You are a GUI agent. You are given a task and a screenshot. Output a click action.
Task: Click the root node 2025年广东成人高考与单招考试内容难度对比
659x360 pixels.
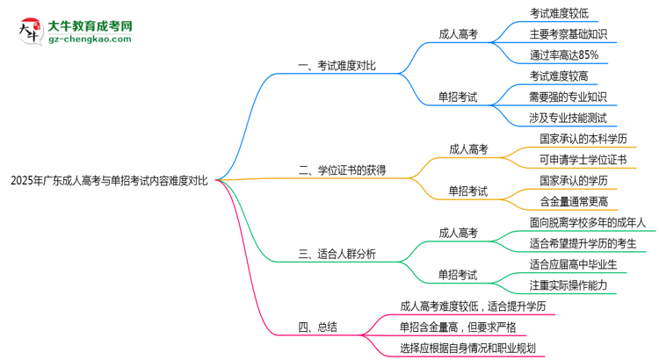109,181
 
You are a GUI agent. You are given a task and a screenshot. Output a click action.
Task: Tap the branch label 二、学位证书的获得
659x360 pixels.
343,169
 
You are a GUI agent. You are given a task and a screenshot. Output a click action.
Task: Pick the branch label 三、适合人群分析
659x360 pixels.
337,254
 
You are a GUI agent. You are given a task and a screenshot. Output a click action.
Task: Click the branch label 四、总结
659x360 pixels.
317,327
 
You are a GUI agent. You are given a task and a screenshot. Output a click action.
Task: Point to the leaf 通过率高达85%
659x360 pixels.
564,54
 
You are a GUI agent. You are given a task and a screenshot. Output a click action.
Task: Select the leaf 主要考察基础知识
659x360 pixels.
568,33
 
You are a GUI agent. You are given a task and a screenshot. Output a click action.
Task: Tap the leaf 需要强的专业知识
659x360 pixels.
568,97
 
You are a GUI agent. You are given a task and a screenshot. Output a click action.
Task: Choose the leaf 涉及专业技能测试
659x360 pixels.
568,118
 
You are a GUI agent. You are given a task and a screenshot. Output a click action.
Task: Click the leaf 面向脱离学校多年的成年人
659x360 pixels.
588,222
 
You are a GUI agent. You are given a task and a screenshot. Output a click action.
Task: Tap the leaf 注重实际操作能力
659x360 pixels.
568,284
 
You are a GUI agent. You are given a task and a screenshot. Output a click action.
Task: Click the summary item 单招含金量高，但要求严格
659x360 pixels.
458,327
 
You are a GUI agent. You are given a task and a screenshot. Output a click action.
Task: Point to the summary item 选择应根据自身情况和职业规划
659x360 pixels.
467,348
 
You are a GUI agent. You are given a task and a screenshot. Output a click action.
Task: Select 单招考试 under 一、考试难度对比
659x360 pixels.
458,97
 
